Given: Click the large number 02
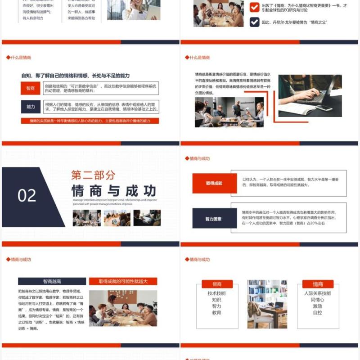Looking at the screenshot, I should pyautogui.click(x=27, y=195).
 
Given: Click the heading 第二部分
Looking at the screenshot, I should pyautogui.click(x=93, y=175).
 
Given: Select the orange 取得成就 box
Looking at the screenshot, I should pyautogui.click(x=214, y=183).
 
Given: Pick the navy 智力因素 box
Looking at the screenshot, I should pyautogui.click(x=214, y=219).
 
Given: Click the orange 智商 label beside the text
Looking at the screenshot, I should pyautogui.click(x=31, y=88).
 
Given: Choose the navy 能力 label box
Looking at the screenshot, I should pyautogui.click(x=31, y=107).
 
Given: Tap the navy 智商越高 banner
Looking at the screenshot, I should pyautogui.click(x=52, y=281).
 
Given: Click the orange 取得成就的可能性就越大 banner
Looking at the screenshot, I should pyautogui.click(x=123, y=281).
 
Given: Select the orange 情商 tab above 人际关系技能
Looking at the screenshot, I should pyautogui.click(x=318, y=284).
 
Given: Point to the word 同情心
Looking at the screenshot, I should pyautogui.click(x=317, y=300).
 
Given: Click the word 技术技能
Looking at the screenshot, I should pyautogui.click(x=216, y=293).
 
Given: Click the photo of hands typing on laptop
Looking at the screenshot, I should pyautogui.click(x=310, y=95).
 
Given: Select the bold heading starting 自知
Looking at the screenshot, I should pyautogui.click(x=76, y=76).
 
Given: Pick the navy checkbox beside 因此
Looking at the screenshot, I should pyautogui.click(x=254, y=22).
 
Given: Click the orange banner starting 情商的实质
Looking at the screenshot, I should pyautogui.click(x=90, y=121).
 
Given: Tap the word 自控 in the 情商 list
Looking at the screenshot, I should pyautogui.click(x=317, y=312).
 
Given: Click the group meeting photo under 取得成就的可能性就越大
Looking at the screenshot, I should pyautogui.click(x=123, y=308).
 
